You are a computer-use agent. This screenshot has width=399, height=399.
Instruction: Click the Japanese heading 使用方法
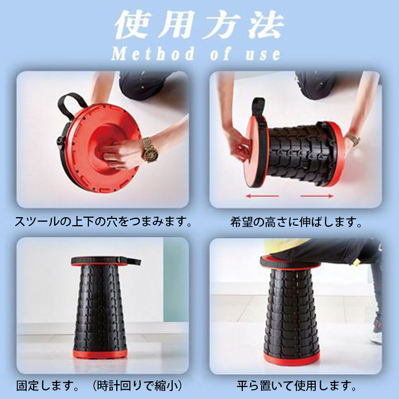[x=199, y=25]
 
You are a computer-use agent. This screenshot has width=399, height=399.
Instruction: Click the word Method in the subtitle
[x=153, y=54]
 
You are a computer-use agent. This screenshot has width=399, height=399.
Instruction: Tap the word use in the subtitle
[x=263, y=55]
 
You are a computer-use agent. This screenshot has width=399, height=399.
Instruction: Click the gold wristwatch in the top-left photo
[x=150, y=149]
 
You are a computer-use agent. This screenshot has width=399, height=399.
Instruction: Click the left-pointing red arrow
[x=262, y=196]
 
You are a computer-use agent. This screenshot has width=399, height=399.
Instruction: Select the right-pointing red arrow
[x=317, y=196]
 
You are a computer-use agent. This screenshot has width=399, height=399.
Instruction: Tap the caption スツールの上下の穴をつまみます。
[x=103, y=222]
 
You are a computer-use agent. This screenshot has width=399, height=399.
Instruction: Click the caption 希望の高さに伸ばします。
[x=296, y=222]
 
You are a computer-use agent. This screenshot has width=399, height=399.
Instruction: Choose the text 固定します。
[x=47, y=386]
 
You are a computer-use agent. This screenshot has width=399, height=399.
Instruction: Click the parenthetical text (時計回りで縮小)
[x=137, y=386]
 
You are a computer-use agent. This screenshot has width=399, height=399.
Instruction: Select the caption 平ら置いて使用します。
[x=296, y=386]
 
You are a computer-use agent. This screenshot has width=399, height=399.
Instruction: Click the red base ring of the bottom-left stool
[x=100, y=354]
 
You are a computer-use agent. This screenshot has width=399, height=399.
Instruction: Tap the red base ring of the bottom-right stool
[x=292, y=359]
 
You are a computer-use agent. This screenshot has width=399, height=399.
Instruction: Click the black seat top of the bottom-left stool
[x=105, y=261]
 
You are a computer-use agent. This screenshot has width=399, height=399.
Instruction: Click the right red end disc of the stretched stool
[x=336, y=153]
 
